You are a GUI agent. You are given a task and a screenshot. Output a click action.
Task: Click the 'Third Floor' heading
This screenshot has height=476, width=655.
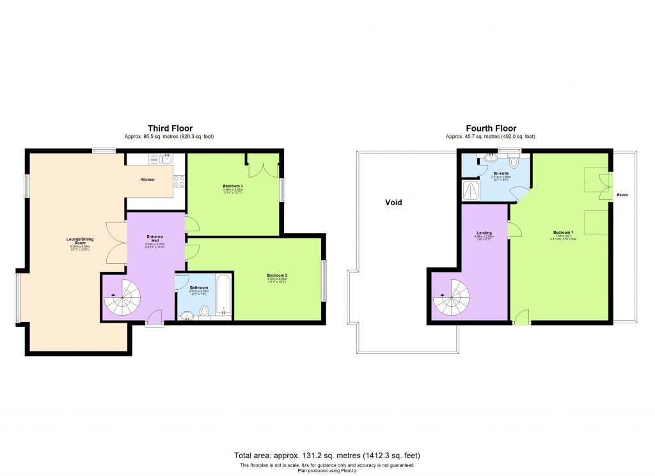click(170, 128)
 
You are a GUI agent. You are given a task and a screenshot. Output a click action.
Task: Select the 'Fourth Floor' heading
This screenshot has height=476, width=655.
click(491, 128)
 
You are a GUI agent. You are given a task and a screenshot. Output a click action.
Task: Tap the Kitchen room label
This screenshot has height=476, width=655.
click(147, 180)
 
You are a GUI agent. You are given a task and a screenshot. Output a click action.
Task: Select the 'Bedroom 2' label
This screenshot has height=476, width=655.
click(277, 275)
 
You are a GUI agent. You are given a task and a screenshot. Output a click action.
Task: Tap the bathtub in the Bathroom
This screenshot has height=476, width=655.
click(222, 295)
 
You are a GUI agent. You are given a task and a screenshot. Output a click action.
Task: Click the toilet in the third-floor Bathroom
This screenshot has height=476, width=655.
click(205, 311)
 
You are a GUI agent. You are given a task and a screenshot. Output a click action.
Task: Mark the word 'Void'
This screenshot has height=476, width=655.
click(393, 202)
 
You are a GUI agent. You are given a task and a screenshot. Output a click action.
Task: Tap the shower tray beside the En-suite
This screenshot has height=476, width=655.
click(470, 189)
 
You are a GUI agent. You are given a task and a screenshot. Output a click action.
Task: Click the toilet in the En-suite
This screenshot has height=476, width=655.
click(514, 162)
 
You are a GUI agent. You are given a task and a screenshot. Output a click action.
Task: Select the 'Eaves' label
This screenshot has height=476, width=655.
click(622, 195)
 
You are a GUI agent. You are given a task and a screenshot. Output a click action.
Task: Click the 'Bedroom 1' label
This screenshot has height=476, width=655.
click(564, 232)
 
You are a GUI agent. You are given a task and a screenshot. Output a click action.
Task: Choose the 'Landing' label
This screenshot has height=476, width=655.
click(484, 233)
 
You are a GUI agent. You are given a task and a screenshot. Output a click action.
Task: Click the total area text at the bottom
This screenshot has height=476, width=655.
click(327, 456)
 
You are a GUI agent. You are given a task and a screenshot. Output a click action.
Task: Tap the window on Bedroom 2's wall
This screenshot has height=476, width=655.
click(323, 280)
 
